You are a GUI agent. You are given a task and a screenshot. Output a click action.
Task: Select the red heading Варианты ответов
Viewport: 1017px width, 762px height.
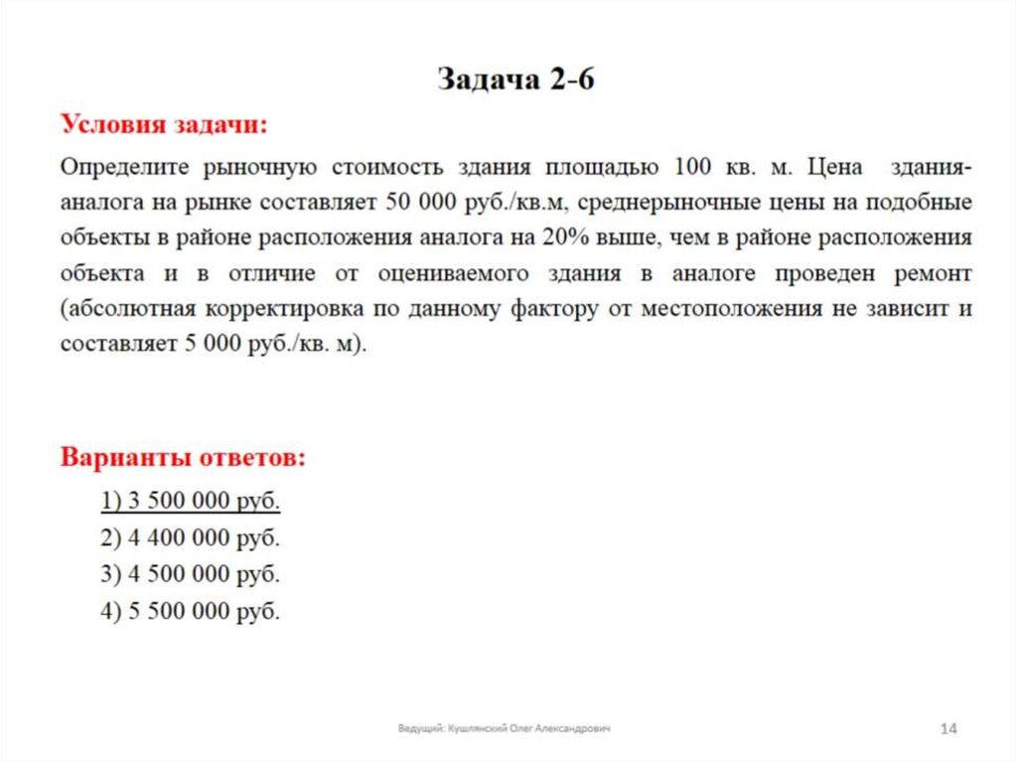[184, 458]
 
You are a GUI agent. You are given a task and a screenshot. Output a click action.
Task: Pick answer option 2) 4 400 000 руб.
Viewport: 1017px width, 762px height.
[191, 538]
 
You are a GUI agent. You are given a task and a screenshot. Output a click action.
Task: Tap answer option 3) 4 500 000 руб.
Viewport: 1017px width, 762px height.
[191, 575]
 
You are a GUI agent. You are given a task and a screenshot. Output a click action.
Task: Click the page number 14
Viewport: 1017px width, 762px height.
[947, 730]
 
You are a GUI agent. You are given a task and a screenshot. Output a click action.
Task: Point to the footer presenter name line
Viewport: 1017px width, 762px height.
[504, 729]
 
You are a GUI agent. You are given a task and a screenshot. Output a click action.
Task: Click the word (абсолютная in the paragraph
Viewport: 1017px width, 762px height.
[128, 309]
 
